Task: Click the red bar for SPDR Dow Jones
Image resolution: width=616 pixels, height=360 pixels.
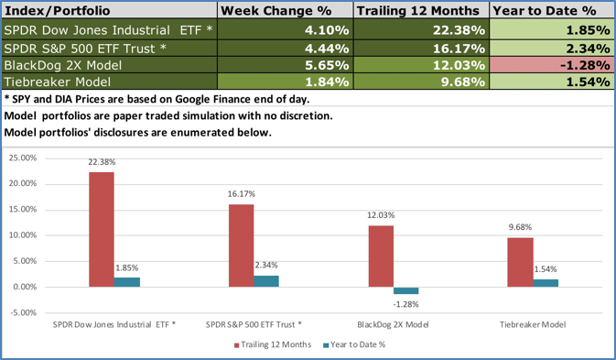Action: point(102,229)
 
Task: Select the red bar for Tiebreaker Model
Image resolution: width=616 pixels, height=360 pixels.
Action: point(521,262)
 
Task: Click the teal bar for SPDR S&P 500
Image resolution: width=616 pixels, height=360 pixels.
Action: point(265,281)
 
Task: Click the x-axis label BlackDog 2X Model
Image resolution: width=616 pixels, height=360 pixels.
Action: point(393,324)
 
